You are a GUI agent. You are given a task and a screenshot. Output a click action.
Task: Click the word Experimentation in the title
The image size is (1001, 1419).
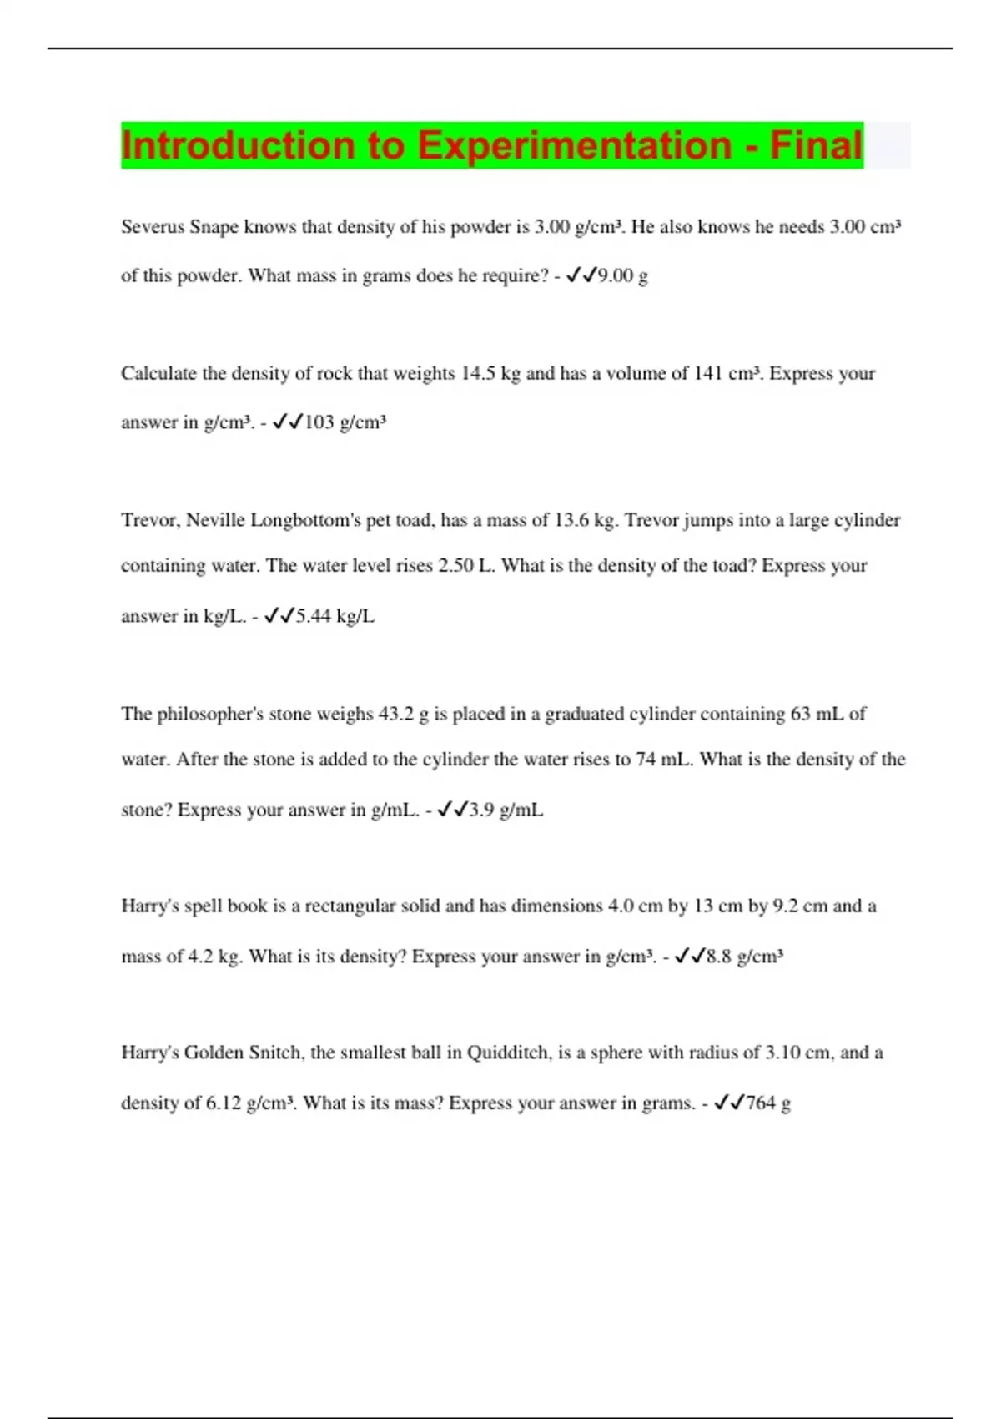[574, 145]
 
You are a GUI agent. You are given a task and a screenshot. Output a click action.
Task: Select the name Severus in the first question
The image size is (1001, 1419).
[153, 227]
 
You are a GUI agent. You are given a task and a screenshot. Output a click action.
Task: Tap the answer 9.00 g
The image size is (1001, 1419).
[622, 276]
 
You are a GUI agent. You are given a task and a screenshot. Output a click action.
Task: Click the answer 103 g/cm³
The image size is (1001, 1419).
[345, 422]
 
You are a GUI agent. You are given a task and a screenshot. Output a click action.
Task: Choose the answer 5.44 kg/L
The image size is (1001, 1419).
[335, 617]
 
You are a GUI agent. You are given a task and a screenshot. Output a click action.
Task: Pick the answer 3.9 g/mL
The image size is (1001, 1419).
[506, 810]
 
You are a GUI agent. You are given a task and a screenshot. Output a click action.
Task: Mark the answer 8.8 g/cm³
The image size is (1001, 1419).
[744, 957]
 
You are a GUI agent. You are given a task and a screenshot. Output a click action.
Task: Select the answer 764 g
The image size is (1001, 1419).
[767, 1103]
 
